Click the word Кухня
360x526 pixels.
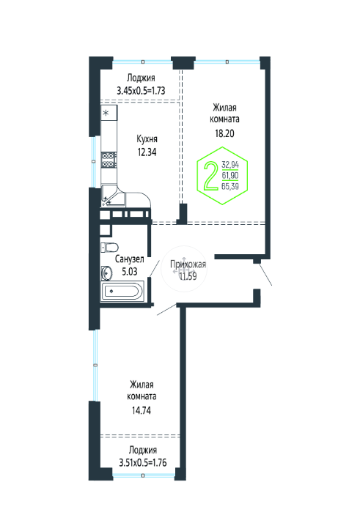147,139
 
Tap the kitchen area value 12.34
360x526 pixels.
147,152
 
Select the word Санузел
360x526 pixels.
130,259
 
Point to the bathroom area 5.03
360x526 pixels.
130,271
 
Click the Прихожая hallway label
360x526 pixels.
188,264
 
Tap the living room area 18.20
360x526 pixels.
224,133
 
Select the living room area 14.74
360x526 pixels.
142,410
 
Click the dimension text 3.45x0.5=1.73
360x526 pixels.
141,91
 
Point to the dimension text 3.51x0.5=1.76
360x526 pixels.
143,462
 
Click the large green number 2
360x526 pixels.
211,176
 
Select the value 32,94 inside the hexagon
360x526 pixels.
230,165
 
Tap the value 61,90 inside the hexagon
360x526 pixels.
230,175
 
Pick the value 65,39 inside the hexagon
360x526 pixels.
230,186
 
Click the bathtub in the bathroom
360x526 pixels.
122,291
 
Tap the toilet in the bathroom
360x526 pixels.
109,247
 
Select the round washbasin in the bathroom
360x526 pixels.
107,273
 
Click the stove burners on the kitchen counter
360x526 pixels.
109,160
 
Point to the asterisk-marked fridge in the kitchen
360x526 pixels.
109,113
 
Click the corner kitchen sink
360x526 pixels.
113,196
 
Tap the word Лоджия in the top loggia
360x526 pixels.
141,78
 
